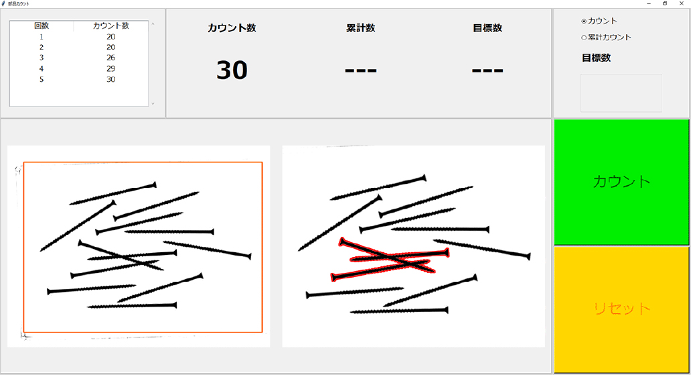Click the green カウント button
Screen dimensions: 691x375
tap(621, 182)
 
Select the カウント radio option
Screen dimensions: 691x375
tap(584, 21)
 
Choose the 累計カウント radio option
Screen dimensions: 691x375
tap(584, 38)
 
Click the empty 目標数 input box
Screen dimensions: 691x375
tap(621, 93)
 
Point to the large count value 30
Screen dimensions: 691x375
tap(232, 70)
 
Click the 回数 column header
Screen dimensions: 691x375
tap(42, 25)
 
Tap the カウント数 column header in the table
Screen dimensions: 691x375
tap(110, 25)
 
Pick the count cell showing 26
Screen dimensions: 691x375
tap(110, 58)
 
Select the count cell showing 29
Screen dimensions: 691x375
tap(110, 68)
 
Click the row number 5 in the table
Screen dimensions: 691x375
tap(42, 80)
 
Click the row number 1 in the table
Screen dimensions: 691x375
tap(42, 37)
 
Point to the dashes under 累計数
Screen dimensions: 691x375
tap(360, 70)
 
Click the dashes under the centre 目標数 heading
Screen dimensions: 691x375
tap(487, 70)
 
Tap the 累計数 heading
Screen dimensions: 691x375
tap(360, 28)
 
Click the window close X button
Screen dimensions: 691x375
tap(682, 3)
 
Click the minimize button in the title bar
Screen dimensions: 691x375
tap(649, 3)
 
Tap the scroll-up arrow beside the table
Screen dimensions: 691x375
tap(153, 24)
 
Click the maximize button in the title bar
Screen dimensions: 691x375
tap(665, 3)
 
